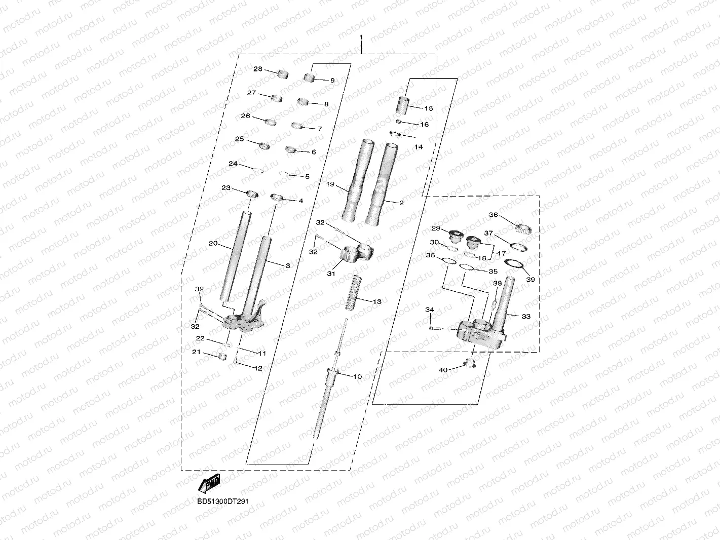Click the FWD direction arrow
click(x=208, y=484)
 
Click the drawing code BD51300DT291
click(x=222, y=502)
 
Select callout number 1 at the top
click(x=361, y=37)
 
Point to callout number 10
click(x=357, y=376)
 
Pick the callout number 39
click(x=530, y=279)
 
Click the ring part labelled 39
click(x=514, y=264)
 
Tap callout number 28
click(x=258, y=69)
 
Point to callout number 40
click(x=443, y=370)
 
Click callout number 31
click(x=331, y=274)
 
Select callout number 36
click(x=493, y=215)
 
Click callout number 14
click(x=419, y=147)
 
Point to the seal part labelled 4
click(x=278, y=197)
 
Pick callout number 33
click(x=526, y=316)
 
